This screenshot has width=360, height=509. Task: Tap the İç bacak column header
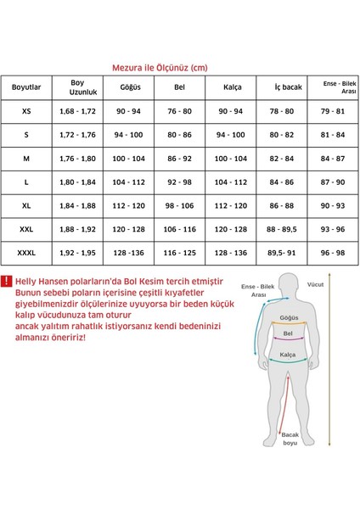click(x=287, y=87)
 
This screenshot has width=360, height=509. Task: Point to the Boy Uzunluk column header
click(x=77, y=87)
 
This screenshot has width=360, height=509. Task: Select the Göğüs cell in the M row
click(x=129, y=159)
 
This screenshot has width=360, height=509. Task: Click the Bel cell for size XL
click(x=178, y=205)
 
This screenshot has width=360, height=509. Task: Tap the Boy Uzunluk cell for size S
click(x=77, y=135)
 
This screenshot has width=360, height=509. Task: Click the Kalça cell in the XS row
click(x=231, y=111)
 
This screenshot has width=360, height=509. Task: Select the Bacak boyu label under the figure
click(x=291, y=437)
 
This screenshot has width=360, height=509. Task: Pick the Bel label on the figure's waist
click(x=287, y=344)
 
